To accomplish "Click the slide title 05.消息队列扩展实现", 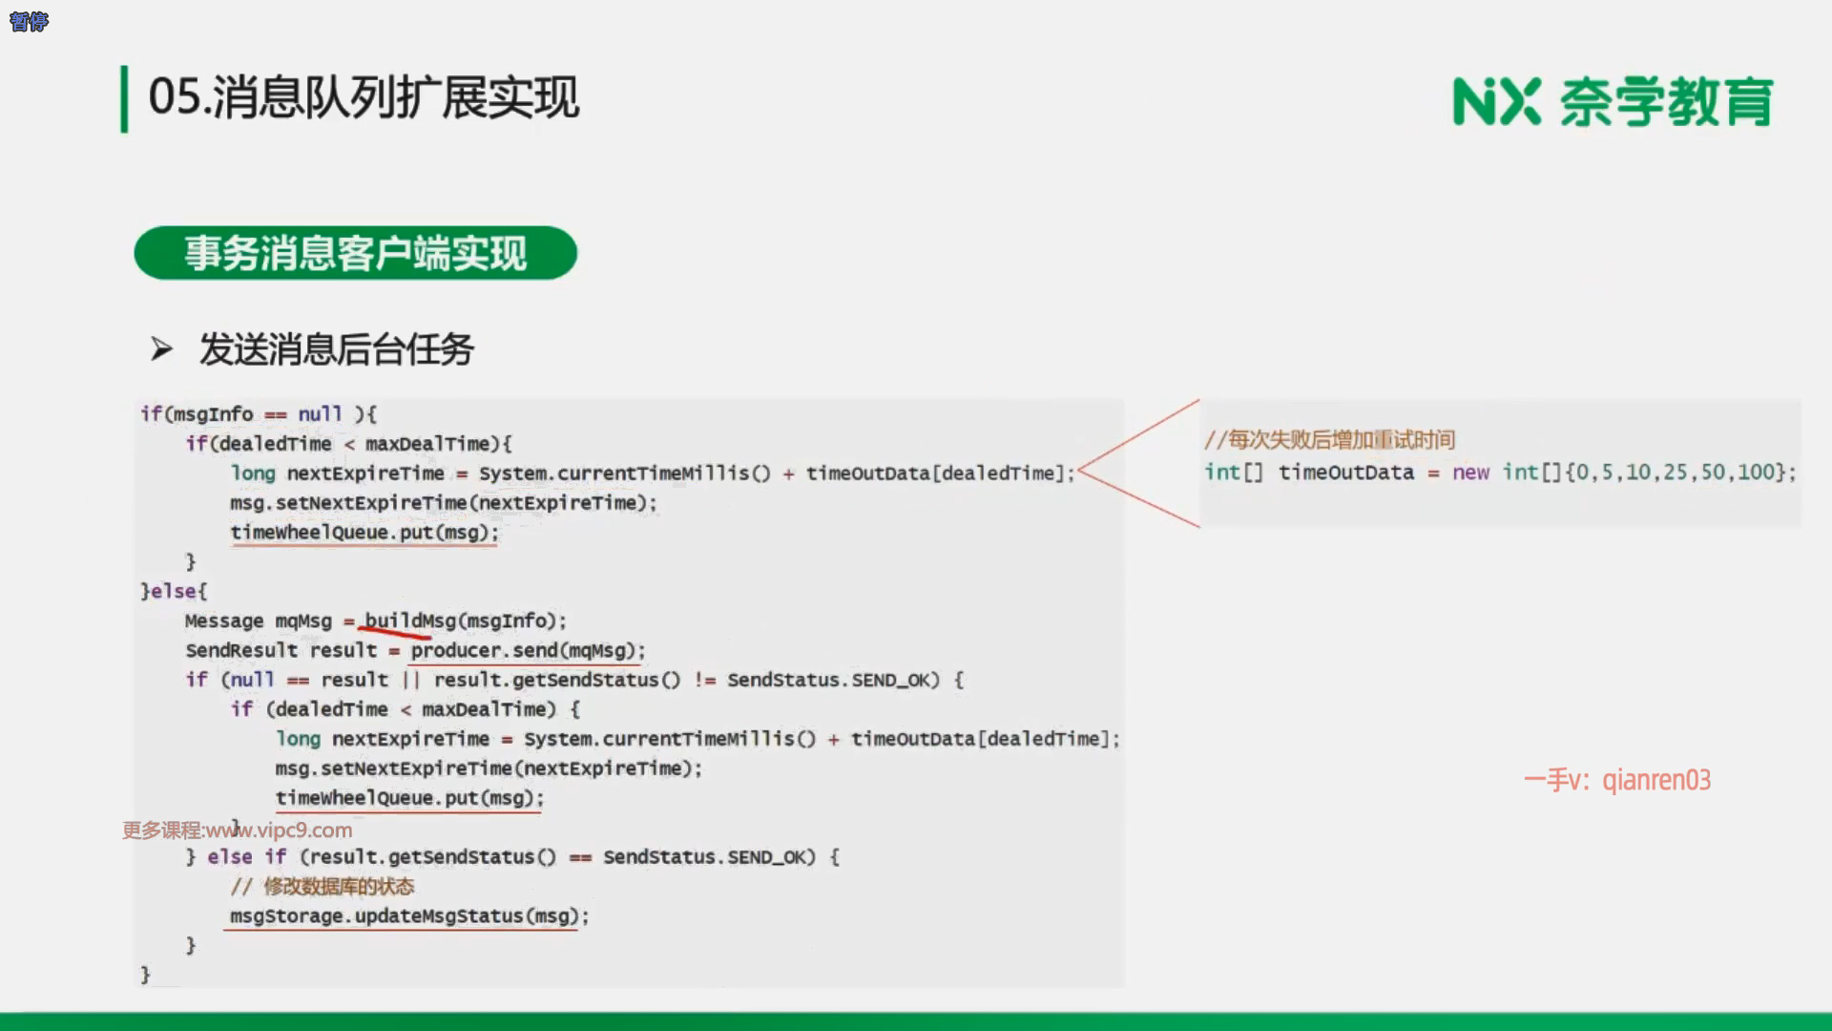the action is [x=364, y=97].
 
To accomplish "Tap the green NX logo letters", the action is [x=1496, y=102].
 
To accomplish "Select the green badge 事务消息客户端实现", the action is [x=356, y=253].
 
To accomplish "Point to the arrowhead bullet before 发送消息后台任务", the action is [x=161, y=349].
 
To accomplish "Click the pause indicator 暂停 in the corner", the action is [x=29, y=21].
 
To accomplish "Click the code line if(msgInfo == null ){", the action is [x=259, y=414].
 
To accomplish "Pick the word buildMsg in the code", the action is [x=410, y=621].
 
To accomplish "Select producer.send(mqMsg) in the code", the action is [x=523, y=650].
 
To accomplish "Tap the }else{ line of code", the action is [x=174, y=591].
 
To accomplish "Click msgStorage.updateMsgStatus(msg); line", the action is [x=409, y=915].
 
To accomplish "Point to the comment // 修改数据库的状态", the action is [x=323, y=886].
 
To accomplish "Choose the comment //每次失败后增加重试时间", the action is [x=1329, y=440].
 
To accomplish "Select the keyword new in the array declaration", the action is [x=1470, y=473].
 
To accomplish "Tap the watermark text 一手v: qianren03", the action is [x=1617, y=780].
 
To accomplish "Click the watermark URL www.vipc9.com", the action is [x=279, y=830].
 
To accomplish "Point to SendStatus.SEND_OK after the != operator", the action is [x=833, y=680].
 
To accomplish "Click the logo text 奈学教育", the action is [x=1666, y=102].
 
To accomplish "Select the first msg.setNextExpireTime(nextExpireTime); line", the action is [x=444, y=503].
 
